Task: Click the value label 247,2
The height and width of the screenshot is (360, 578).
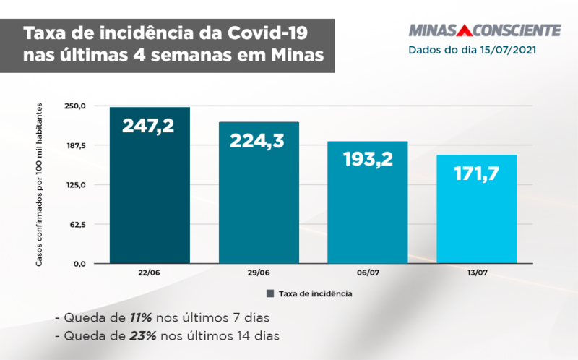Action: pos(148,126)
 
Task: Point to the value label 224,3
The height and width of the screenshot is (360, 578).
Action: pos(259,140)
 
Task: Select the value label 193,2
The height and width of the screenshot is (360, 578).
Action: pos(368,159)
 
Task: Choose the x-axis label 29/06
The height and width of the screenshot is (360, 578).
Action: pos(259,274)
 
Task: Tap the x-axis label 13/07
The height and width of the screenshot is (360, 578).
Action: pos(477,274)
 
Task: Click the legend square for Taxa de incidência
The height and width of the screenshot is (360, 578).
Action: pos(270,293)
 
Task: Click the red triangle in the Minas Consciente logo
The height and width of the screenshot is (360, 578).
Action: pos(464,30)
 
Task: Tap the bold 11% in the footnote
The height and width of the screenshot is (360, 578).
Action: pos(140,317)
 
